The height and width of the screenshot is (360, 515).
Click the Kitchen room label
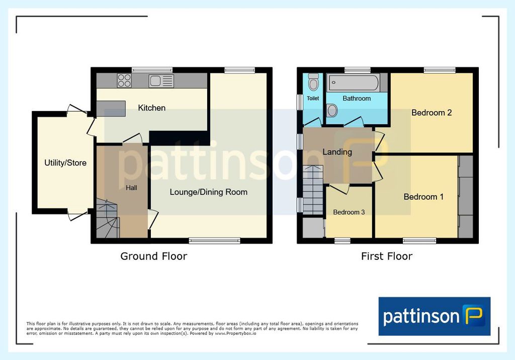point(151,108)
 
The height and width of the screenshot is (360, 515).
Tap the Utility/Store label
point(65,162)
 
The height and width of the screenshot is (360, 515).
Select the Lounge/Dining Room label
point(209,192)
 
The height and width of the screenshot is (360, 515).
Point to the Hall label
point(131,188)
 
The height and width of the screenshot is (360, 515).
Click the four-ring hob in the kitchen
point(124,80)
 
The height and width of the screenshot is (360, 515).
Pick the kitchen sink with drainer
point(161,81)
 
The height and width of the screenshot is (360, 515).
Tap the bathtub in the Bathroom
point(354,82)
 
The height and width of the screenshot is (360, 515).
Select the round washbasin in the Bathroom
point(332,111)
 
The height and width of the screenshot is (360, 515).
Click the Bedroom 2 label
point(432,113)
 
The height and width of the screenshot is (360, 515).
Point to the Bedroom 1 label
point(423,197)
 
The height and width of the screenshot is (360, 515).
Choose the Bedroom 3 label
point(349,212)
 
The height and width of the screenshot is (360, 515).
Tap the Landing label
point(337,152)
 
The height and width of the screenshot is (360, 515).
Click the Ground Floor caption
point(154,256)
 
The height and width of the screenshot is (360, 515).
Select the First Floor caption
point(387,256)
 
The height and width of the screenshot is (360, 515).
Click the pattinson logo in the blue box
point(434,316)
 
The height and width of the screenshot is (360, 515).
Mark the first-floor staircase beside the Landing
point(313,190)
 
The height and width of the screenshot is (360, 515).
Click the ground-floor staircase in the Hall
point(108,218)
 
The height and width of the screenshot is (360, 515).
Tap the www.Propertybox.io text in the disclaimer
point(235,333)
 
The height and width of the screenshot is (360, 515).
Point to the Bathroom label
point(357,98)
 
